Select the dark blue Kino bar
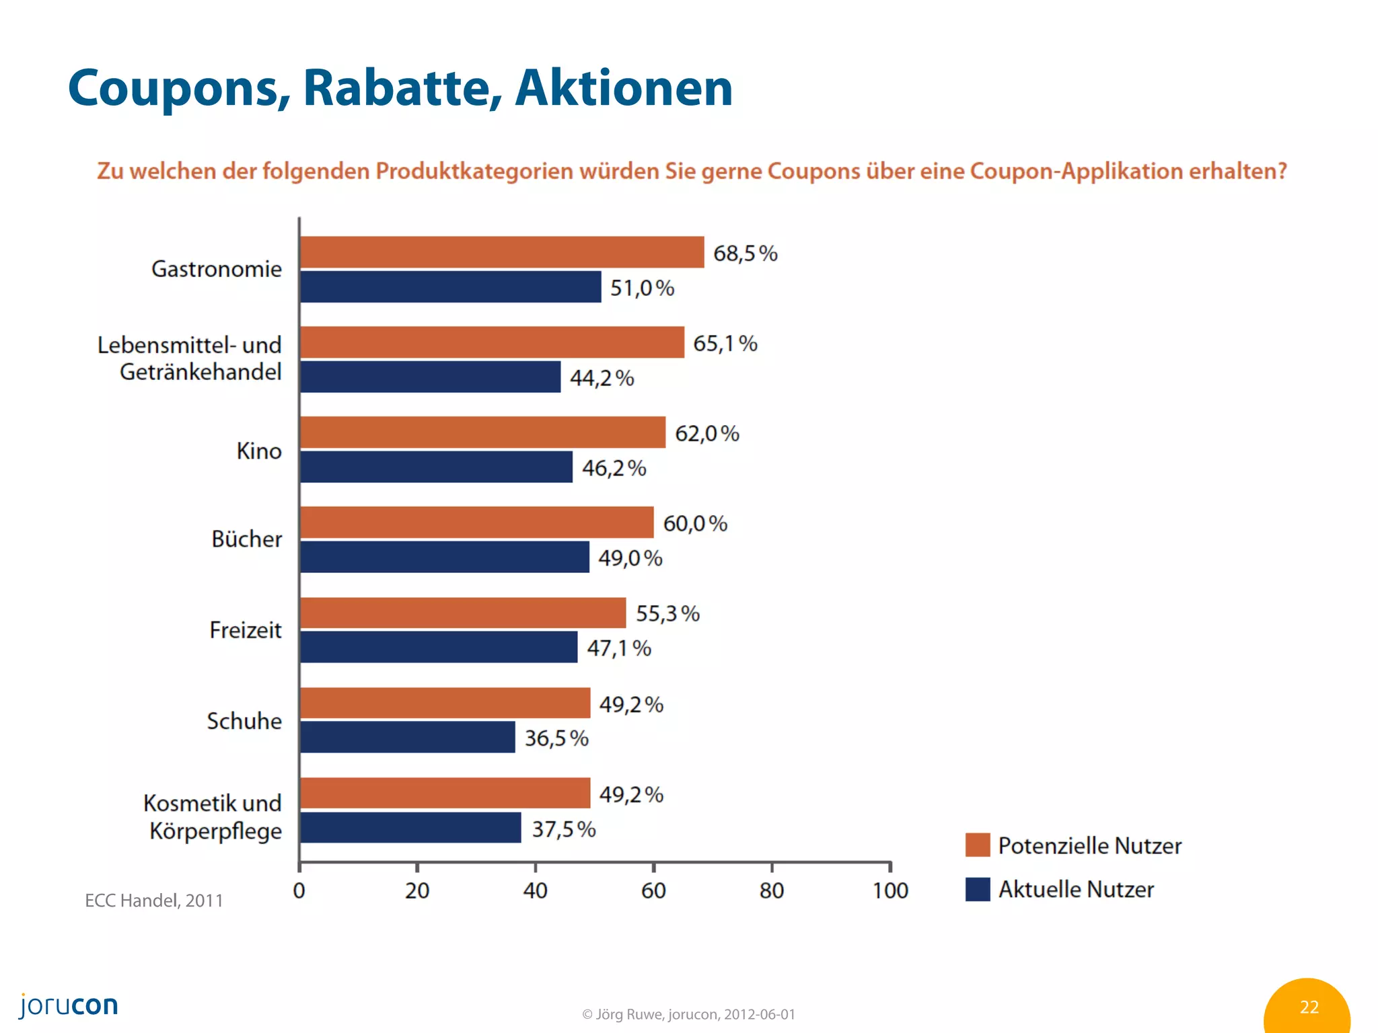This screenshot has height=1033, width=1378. [x=436, y=467]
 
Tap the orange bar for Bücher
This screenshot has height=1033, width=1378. [x=476, y=523]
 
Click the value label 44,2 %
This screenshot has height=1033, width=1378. [x=602, y=378]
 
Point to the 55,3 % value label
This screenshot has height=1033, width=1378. [x=667, y=613]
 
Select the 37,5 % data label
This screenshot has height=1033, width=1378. [x=564, y=829]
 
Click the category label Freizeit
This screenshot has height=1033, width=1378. [x=246, y=630]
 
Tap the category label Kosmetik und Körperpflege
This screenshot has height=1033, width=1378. [x=213, y=816]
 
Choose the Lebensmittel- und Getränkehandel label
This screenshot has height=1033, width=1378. [x=190, y=358]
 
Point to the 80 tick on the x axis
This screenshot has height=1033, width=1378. [x=772, y=890]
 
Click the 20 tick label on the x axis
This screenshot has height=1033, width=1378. [x=417, y=890]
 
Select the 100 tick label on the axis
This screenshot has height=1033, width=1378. [x=890, y=890]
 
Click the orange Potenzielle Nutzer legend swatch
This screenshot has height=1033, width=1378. [x=977, y=845]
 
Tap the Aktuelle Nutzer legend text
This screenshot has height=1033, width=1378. [x=1076, y=889]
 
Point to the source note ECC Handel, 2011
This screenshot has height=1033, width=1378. [x=154, y=901]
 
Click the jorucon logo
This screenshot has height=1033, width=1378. [x=69, y=1005]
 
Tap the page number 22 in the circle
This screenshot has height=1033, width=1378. [x=1309, y=1007]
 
